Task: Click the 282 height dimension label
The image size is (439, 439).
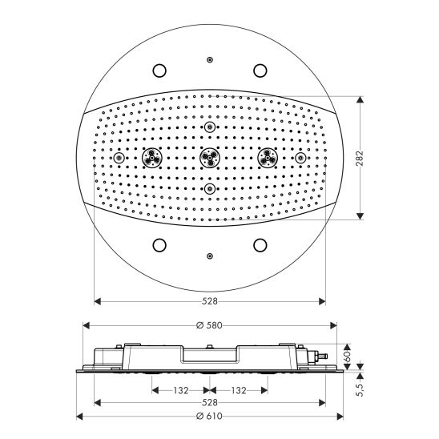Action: (x=360, y=159)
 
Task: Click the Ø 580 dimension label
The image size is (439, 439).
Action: (x=209, y=325)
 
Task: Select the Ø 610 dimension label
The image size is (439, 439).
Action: (x=209, y=417)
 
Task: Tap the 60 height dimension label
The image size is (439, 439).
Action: (x=347, y=356)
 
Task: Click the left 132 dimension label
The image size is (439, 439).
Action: (x=181, y=390)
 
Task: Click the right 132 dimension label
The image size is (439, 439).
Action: (x=239, y=390)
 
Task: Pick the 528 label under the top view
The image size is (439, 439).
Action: (x=210, y=301)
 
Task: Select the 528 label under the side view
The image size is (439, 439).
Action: (x=210, y=403)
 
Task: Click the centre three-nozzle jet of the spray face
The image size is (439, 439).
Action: (x=210, y=158)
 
